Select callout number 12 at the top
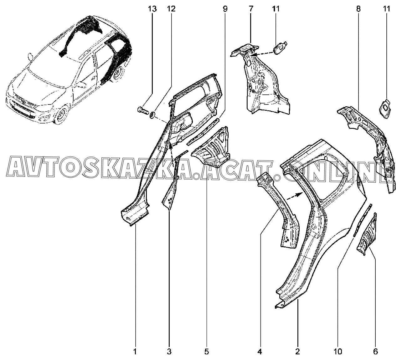pyautogui.click(x=171, y=9)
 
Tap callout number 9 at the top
pyautogui.click(x=225, y=9)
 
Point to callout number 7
pyautogui.click(x=251, y=9)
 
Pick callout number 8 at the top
pyautogui.click(x=358, y=9)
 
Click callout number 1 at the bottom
pyautogui.click(x=135, y=352)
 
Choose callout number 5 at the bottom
pyautogui.click(x=206, y=352)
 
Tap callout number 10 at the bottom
pyautogui.click(x=338, y=352)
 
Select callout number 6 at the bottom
pyautogui.click(x=375, y=352)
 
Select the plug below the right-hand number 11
pyautogui.click(x=385, y=109)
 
